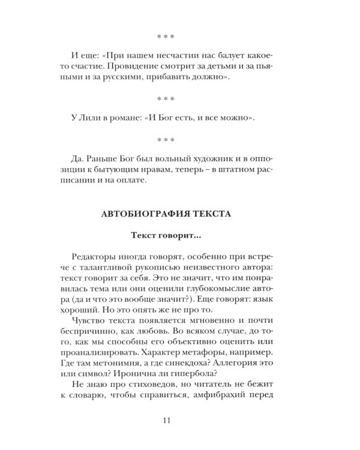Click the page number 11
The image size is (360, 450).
pyautogui.click(x=166, y=419)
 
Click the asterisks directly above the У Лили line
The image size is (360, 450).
pyautogui.click(x=166, y=98)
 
